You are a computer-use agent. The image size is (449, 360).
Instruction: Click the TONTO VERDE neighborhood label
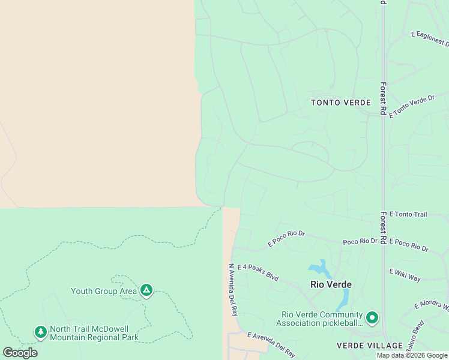coord(341,103)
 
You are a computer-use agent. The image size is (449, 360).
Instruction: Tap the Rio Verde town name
coord(330,284)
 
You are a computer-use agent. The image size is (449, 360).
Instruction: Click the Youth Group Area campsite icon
coord(146,291)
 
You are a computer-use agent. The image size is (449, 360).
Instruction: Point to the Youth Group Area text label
coord(104,292)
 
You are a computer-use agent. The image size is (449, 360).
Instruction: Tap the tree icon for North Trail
coord(40,332)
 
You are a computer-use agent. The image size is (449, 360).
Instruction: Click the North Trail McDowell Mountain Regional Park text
coord(94,333)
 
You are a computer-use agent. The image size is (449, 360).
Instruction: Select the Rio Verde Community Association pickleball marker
coord(372,317)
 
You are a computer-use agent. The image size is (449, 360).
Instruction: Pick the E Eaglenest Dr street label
coord(430,39)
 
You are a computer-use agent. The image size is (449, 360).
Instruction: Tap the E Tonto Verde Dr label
coord(411,106)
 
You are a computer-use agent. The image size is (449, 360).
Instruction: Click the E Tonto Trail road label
coord(408,214)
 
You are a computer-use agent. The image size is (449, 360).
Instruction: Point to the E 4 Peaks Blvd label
coord(258,273)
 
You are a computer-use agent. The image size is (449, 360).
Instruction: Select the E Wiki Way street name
coord(405,275)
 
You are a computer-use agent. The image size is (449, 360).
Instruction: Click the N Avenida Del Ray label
coord(233,290)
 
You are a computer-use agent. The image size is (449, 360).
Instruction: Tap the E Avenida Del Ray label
coord(271,344)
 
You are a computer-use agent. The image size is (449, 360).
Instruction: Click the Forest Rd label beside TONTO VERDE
coord(383,98)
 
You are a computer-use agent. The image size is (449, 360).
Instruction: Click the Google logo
coord(20,352)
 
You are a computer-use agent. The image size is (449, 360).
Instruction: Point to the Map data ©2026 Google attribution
coord(412,355)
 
